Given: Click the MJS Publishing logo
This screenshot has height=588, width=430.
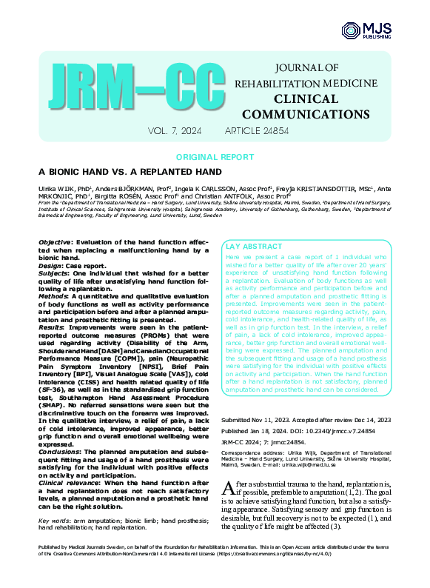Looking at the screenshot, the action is pos(360,30).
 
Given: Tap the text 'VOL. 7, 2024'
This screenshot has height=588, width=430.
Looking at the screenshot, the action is pos(174,131).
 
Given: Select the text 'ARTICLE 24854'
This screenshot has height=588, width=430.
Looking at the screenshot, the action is pos(258,131).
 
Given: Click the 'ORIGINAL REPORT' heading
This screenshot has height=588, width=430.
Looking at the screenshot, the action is pos(215,158).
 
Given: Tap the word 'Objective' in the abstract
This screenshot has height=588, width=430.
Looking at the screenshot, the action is pos(54,243).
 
